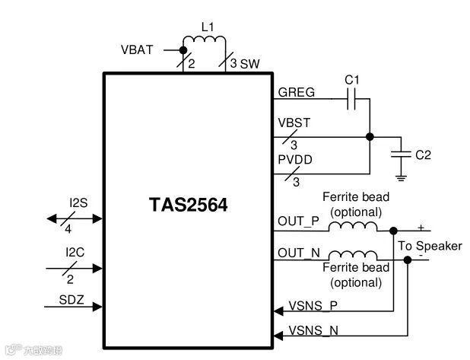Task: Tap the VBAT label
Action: (x=137, y=50)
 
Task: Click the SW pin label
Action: (x=250, y=64)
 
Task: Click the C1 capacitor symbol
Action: (x=352, y=99)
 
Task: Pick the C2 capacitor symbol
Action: (x=398, y=155)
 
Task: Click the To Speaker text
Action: (x=430, y=246)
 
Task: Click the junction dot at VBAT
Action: (x=183, y=51)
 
